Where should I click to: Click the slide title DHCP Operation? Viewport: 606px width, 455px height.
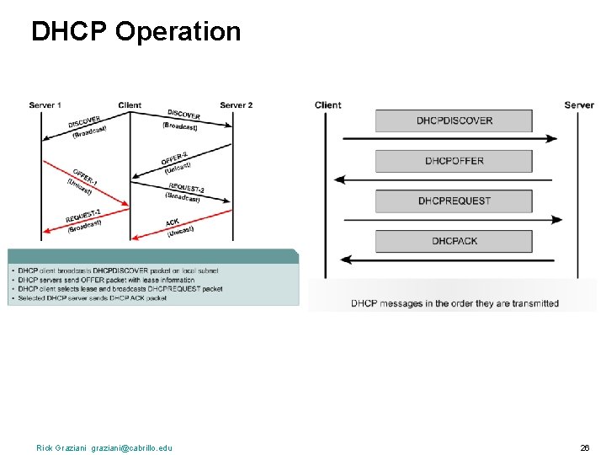[136, 32]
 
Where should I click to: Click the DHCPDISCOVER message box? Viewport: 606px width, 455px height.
[454, 120]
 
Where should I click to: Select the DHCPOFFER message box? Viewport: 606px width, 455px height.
[454, 161]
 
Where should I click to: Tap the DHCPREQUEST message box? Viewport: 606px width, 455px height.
[454, 201]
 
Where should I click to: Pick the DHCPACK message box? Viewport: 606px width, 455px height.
[454, 241]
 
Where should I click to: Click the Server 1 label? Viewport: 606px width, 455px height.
[45, 105]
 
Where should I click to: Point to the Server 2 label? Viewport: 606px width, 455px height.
[236, 105]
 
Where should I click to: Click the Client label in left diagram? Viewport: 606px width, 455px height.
[130, 105]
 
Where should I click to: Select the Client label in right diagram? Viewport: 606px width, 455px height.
[328, 105]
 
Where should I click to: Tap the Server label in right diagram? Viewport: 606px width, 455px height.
[579, 105]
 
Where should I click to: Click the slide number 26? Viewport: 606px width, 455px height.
[584, 447]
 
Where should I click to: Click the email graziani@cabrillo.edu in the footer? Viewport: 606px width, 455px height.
[131, 447]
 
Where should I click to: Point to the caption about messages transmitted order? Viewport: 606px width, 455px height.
[454, 303]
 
